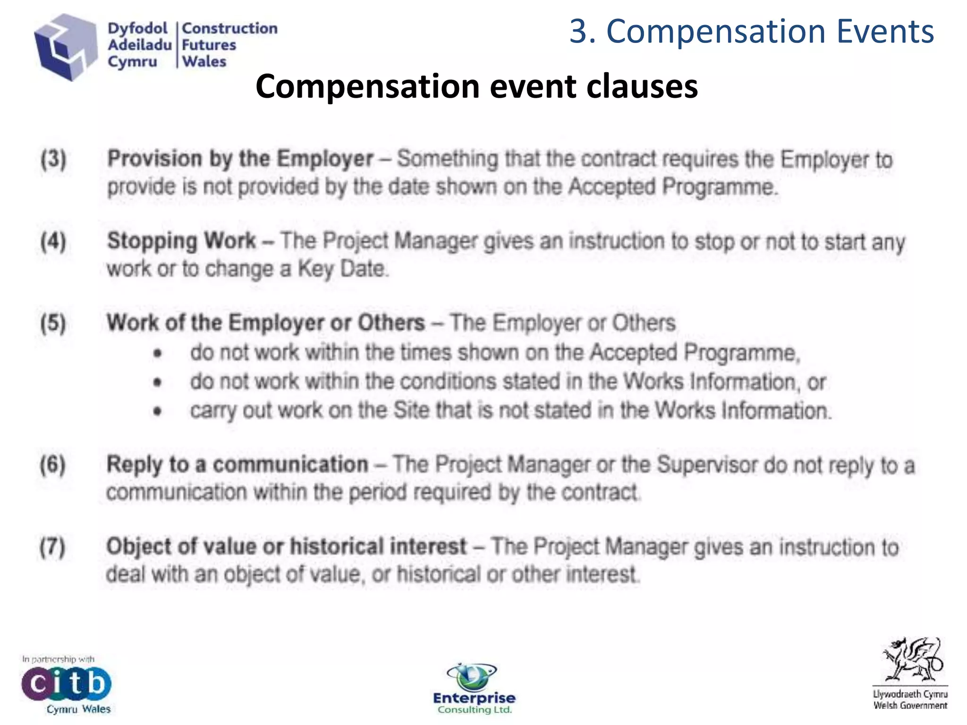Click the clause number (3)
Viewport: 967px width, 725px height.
(53, 159)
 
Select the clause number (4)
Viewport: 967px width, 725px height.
(53, 241)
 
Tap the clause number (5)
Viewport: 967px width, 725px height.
(53, 323)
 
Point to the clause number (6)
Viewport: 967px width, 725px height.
(53, 464)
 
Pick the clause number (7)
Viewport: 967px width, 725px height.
(53, 547)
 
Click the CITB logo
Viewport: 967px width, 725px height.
(66, 683)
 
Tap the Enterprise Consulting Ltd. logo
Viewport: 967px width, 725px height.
(474, 689)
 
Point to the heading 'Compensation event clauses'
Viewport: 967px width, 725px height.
(476, 86)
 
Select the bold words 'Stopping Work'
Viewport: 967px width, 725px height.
(182, 241)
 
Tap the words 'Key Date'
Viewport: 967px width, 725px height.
(342, 269)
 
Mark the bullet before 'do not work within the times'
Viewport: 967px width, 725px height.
(158, 353)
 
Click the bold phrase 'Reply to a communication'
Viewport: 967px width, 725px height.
(237, 464)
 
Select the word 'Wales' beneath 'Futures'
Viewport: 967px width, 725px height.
(204, 61)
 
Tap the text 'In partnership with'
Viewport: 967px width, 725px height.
(58, 659)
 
